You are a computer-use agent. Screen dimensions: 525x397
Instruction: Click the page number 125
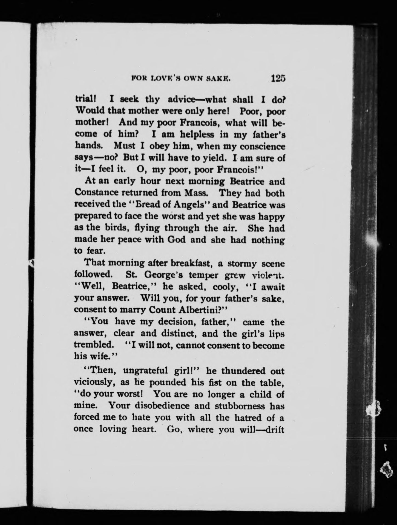[278, 78]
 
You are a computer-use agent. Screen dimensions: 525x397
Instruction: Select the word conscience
[262, 147]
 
